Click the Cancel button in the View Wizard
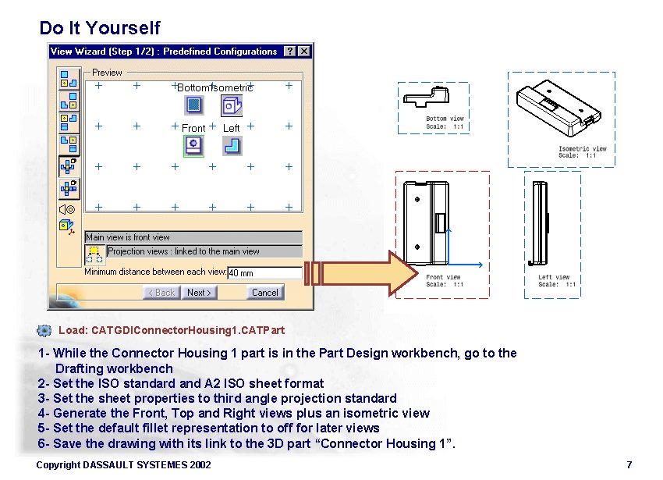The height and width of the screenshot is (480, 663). pyautogui.click(x=264, y=293)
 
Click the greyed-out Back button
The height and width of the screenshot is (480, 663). pyautogui.click(x=161, y=293)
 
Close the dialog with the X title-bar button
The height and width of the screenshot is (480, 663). pyautogui.click(x=303, y=52)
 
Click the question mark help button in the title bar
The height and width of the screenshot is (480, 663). pyautogui.click(x=289, y=52)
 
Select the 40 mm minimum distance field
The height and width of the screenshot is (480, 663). pyautogui.click(x=264, y=273)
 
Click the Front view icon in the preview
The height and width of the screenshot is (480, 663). pyautogui.click(x=193, y=145)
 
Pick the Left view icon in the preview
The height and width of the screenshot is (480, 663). pyautogui.click(x=232, y=145)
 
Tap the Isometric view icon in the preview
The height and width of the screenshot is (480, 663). pyautogui.click(x=232, y=105)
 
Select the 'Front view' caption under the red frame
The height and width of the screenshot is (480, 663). pyautogui.click(x=443, y=277)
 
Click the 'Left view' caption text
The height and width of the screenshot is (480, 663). pyautogui.click(x=554, y=277)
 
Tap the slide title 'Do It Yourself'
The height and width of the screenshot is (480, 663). pyautogui.click(x=99, y=28)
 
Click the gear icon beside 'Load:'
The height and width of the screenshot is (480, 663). pyautogui.click(x=44, y=330)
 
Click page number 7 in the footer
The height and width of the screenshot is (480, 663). pyautogui.click(x=629, y=465)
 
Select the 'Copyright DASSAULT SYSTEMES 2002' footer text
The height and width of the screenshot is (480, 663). pyautogui.click(x=123, y=465)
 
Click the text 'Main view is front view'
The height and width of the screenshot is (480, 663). pyautogui.click(x=128, y=237)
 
